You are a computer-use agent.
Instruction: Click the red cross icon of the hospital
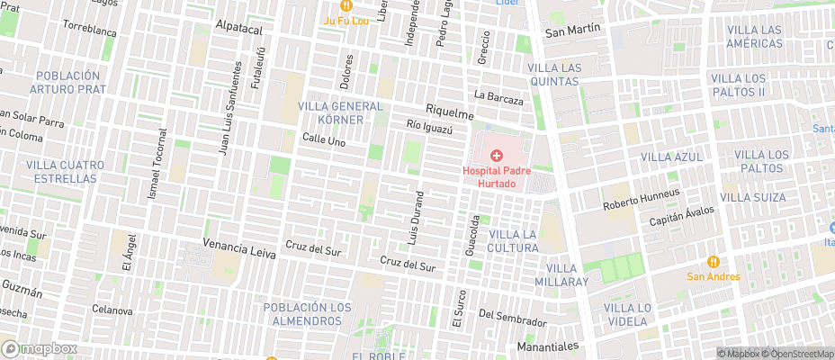tap(496, 156)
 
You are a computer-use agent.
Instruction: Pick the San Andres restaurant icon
tap(714, 262)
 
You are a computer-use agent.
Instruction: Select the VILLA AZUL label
tap(671, 157)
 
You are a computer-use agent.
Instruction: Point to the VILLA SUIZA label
tap(753, 197)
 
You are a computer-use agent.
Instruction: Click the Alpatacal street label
tap(239, 29)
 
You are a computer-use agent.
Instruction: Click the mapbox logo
tap(39, 348)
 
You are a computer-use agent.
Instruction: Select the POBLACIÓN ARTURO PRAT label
tap(67, 83)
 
